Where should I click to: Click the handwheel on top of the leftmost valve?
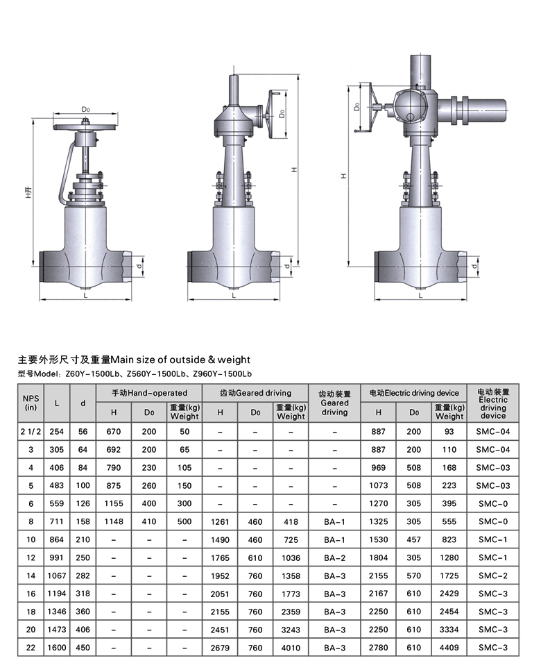[x=85, y=126]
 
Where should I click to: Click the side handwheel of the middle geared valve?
[x=269, y=115]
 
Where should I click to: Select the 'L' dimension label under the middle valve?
[x=234, y=296]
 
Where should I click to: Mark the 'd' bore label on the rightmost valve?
[x=474, y=266]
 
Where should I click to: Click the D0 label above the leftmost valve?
[x=86, y=110]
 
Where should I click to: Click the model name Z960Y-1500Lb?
[x=222, y=374]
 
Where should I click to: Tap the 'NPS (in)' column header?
[x=31, y=403]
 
